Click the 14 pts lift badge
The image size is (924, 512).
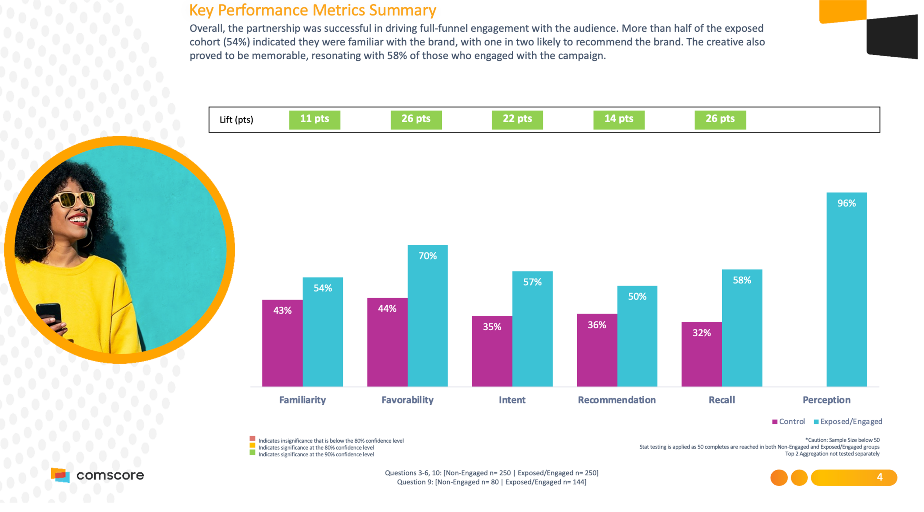(x=619, y=119)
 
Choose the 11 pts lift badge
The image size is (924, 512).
(x=314, y=119)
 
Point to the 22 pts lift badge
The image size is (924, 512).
(x=517, y=119)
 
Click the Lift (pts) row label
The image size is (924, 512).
(x=236, y=120)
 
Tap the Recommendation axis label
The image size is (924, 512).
(x=616, y=400)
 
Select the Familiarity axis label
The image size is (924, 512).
(x=302, y=400)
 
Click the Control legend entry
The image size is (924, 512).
(x=789, y=421)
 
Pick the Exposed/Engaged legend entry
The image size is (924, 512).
(x=848, y=421)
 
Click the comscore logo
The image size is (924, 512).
(x=97, y=475)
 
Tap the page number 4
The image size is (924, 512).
(x=880, y=477)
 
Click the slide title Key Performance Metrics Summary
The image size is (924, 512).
(x=313, y=10)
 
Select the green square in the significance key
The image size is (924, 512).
(x=252, y=453)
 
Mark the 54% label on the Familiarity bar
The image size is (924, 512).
(x=322, y=288)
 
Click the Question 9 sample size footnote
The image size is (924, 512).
(x=491, y=482)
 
